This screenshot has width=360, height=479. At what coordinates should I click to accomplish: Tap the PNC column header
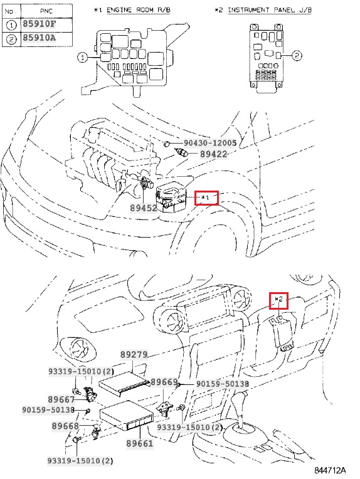(x=46, y=11)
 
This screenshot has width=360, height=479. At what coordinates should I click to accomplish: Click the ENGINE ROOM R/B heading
(x=139, y=10)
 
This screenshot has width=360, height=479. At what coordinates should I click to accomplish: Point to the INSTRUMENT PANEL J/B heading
(x=270, y=10)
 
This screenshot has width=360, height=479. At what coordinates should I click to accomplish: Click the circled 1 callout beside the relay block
(x=82, y=58)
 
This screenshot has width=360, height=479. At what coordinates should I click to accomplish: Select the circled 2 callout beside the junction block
(x=297, y=55)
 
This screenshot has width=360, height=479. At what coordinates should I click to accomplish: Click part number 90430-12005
(x=210, y=143)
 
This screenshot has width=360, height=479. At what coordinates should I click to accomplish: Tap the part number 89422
(x=214, y=154)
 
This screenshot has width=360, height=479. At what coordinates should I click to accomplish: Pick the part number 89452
(x=144, y=208)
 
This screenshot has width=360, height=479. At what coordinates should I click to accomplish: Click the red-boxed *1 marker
(x=206, y=198)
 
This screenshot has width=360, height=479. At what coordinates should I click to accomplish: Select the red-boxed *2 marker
(x=278, y=300)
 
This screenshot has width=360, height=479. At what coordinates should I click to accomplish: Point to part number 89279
(x=134, y=355)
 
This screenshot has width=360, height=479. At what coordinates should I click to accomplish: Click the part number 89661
(x=140, y=443)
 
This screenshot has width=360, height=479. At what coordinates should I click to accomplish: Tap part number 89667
(x=61, y=399)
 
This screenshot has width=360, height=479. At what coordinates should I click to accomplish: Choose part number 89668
(x=65, y=426)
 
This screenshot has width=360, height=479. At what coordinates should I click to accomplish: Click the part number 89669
(x=164, y=382)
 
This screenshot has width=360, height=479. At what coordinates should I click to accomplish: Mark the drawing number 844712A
(x=330, y=470)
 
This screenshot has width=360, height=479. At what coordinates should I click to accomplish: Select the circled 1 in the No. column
(x=11, y=24)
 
